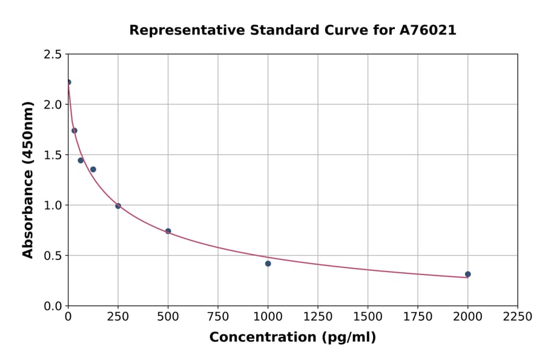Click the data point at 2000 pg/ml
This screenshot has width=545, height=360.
pos(467,274)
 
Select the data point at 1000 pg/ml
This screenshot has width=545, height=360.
pos(268,263)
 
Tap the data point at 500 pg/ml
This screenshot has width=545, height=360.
pos(168,231)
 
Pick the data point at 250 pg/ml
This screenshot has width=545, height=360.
pos(118,205)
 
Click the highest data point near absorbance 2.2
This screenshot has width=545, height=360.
pos(68,82)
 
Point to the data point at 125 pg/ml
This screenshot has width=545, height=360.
pos(93,169)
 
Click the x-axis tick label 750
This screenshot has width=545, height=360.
pos(218,316)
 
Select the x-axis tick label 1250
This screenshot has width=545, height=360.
pos(318,316)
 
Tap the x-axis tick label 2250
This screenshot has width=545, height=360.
pos(517,316)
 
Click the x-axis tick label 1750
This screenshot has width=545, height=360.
pos(417,316)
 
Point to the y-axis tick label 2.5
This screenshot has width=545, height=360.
pos(53,55)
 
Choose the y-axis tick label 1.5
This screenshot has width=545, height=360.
pos(53,155)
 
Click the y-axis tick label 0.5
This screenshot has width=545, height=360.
pos(53,256)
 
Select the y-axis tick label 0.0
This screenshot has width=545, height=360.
pos(53,306)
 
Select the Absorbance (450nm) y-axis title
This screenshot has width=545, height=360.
pos(28,179)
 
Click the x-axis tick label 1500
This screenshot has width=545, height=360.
pos(368,316)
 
